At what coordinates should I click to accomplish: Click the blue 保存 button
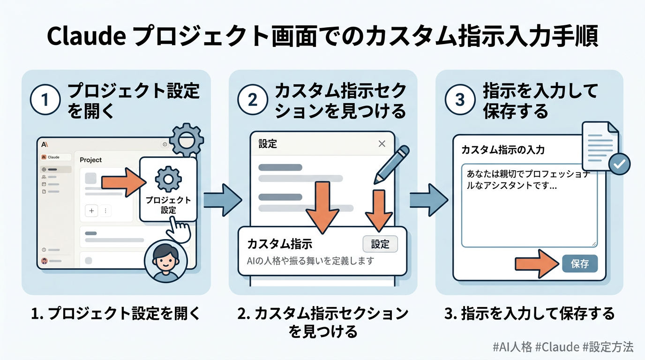(580, 264)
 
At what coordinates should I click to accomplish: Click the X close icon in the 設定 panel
(382, 144)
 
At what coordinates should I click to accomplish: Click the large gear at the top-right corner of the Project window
(186, 139)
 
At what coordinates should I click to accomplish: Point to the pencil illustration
(391, 164)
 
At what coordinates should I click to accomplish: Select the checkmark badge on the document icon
(619, 164)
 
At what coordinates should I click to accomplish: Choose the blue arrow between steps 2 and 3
(428, 200)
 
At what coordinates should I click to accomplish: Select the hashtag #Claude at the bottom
(557, 347)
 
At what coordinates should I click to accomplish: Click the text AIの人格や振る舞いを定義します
(310, 261)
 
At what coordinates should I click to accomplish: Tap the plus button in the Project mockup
(91, 211)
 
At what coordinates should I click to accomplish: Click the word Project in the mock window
(90, 160)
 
